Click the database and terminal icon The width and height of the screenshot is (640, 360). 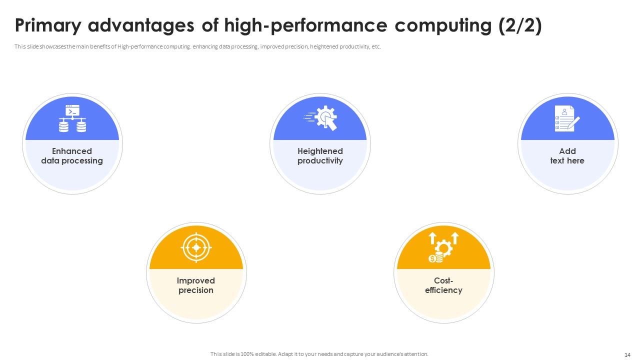pos(72,118)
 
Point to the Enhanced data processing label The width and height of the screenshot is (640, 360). pos(72,156)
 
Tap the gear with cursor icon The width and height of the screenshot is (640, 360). pos(320,118)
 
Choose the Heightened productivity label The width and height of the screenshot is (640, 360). pos(320,156)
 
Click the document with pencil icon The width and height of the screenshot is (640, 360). pos(567,118)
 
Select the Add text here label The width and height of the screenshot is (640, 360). pos(567,156)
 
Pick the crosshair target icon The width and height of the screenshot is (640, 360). pos(196,247)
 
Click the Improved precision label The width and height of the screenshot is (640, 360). pos(196,285)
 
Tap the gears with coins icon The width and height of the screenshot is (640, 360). pos(443,247)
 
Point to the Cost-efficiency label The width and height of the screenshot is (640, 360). pos(443,285)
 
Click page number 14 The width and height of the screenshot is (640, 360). pos(627,354)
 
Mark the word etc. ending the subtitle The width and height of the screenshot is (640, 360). pos(376,46)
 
